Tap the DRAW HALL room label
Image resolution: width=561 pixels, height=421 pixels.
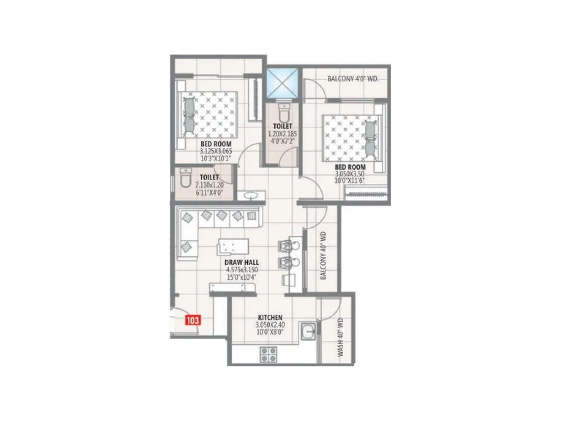(242, 263)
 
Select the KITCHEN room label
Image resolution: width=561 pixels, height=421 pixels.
(269, 318)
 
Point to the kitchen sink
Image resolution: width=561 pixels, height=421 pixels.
(308, 333)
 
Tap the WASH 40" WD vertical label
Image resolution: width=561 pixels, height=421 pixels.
(340, 337)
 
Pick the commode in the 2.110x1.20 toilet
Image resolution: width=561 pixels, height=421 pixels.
(185, 178)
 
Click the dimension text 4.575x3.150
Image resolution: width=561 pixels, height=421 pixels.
(242, 270)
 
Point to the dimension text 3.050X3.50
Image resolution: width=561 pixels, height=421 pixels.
(350, 174)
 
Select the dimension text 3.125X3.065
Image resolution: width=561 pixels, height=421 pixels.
(216, 151)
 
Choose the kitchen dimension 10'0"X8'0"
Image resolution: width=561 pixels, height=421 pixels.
(270, 332)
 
